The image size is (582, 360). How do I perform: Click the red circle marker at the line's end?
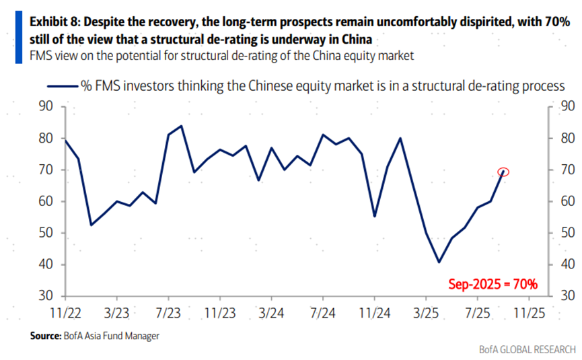(x=503, y=172)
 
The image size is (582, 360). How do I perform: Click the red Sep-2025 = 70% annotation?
(x=493, y=285)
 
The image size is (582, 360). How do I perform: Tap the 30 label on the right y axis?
(x=568, y=296)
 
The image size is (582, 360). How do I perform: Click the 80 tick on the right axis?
(x=568, y=138)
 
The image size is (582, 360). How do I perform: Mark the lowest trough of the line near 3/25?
(x=439, y=262)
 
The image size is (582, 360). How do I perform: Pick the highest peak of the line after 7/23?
(x=181, y=126)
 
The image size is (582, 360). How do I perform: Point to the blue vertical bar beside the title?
(x=19, y=37)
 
